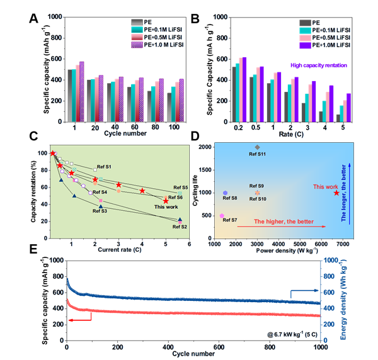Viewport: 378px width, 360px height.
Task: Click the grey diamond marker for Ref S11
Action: pyautogui.click(x=257, y=147)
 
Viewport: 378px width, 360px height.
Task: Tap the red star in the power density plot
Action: pyautogui.click(x=336, y=193)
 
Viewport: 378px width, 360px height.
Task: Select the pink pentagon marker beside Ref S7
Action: pyautogui.click(x=222, y=215)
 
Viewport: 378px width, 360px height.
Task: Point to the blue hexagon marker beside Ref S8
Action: pyautogui.click(x=225, y=192)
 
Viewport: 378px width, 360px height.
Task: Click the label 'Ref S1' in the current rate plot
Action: pyautogui.click(x=103, y=167)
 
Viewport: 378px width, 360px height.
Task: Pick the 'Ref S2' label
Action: pyautogui.click(x=180, y=227)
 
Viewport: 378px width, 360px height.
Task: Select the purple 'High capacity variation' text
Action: pyautogui.click(x=319, y=65)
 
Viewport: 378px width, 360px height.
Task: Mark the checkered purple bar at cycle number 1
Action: pyautogui.click(x=81, y=91)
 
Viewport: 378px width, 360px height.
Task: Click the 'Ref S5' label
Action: pyautogui.click(x=181, y=188)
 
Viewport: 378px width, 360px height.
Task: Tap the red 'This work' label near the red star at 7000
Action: pyautogui.click(x=326, y=186)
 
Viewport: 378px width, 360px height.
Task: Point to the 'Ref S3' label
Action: pyautogui.click(x=100, y=211)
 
